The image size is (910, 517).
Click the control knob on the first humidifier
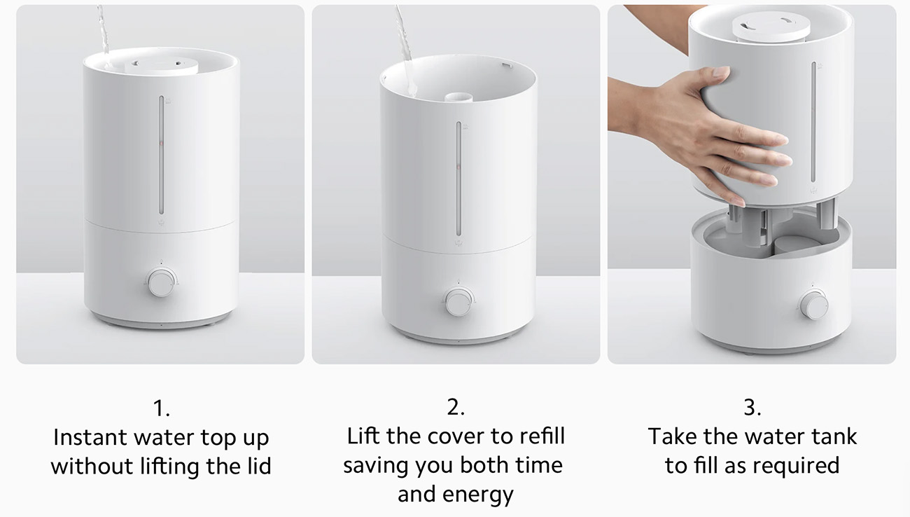click(161, 283)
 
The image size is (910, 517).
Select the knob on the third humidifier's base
click(813, 305)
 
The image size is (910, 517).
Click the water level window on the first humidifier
click(161, 155)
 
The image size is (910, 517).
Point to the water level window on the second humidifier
click(458, 179)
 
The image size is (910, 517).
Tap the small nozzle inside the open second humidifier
click(458, 97)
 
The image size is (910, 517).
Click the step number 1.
click(161, 408)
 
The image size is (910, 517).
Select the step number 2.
click(456, 407)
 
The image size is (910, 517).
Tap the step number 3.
click(752, 407)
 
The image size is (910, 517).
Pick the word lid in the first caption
click(259, 466)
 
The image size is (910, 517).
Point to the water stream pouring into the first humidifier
click(103, 34)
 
